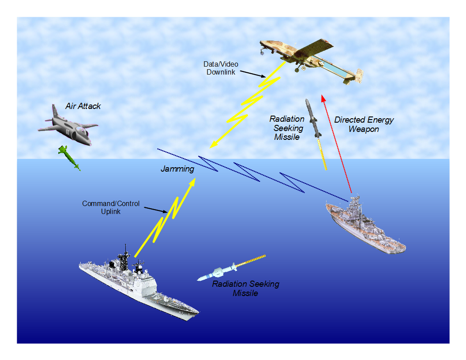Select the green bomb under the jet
[70, 158]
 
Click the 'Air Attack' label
[83, 106]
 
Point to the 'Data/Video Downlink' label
[221, 68]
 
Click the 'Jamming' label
[177, 169]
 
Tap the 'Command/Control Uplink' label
[111, 207]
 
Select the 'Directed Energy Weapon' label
[364, 124]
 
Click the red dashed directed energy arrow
[337, 146]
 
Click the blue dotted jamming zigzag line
[247, 172]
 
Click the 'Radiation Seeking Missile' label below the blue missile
[245, 288]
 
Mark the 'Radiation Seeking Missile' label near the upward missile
[287, 128]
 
